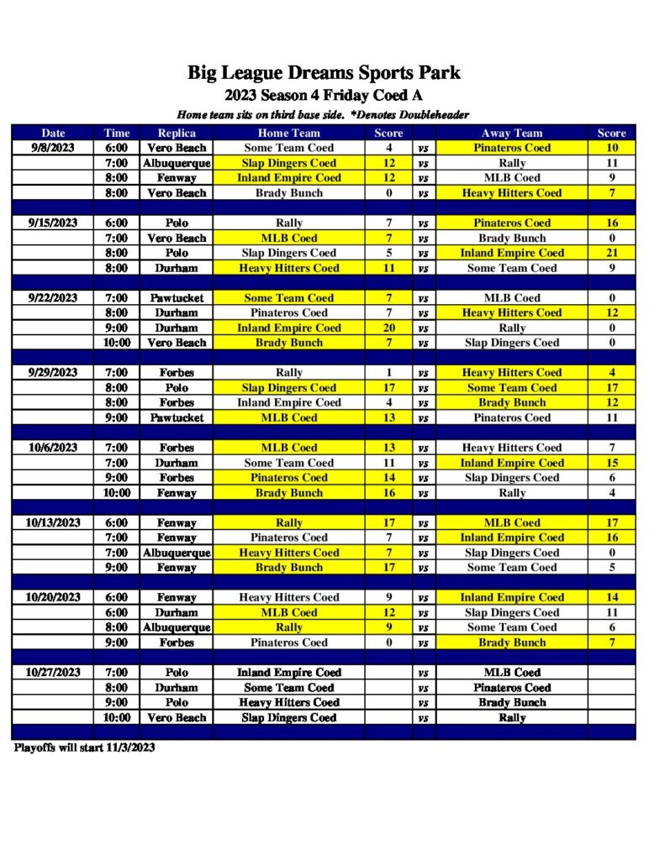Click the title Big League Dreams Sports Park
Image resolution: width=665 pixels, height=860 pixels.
point(324,73)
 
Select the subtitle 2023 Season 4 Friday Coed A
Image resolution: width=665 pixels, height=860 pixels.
point(324,95)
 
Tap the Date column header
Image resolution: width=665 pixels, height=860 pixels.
point(53,133)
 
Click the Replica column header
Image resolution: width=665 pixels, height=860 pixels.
point(177,133)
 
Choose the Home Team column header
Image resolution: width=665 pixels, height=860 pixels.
point(288,133)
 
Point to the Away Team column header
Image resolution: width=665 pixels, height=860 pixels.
point(511,133)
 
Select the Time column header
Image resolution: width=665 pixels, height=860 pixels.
point(117,133)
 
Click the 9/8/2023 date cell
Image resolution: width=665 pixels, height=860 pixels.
point(53,148)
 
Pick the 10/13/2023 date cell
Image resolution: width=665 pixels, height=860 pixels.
point(53,522)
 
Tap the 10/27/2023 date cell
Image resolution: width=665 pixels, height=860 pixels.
point(53,672)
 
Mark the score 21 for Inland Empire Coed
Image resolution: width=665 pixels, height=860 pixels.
point(611,253)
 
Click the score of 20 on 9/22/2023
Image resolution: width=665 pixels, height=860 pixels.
point(388,328)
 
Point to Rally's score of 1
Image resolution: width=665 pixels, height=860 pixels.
point(388,373)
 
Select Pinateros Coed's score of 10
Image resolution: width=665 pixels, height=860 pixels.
point(611,148)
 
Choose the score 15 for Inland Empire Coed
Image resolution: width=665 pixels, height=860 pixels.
point(611,463)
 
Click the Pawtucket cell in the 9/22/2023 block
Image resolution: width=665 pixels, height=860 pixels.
point(177,298)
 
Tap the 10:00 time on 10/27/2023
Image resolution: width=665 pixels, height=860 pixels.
point(117,717)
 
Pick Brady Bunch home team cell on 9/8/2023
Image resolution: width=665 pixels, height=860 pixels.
point(288,193)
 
